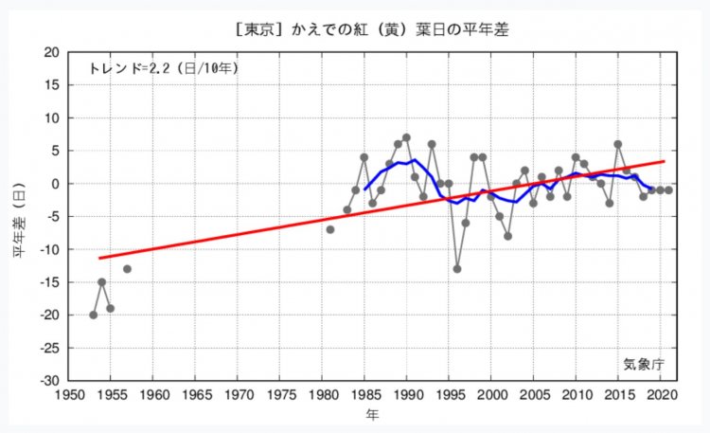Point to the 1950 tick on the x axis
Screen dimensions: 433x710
tap(69, 394)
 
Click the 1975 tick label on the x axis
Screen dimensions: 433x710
tap(279, 394)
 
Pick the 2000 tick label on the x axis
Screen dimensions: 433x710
tap(490, 394)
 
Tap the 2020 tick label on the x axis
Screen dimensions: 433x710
tap(659, 394)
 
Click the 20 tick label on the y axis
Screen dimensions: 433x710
tap(50, 52)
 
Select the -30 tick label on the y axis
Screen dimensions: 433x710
tap(46, 381)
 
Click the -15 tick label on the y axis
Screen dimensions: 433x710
tap(46, 282)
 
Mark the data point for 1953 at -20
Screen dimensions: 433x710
tap(94, 315)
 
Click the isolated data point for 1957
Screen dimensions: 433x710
tap(127, 269)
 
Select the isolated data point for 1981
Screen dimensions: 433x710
tap(329, 229)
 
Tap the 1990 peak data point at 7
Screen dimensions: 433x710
tap(406, 137)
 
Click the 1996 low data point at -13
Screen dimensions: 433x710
tap(457, 269)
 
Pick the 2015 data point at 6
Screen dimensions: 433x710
tap(617, 144)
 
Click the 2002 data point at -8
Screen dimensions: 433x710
tap(507, 236)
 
